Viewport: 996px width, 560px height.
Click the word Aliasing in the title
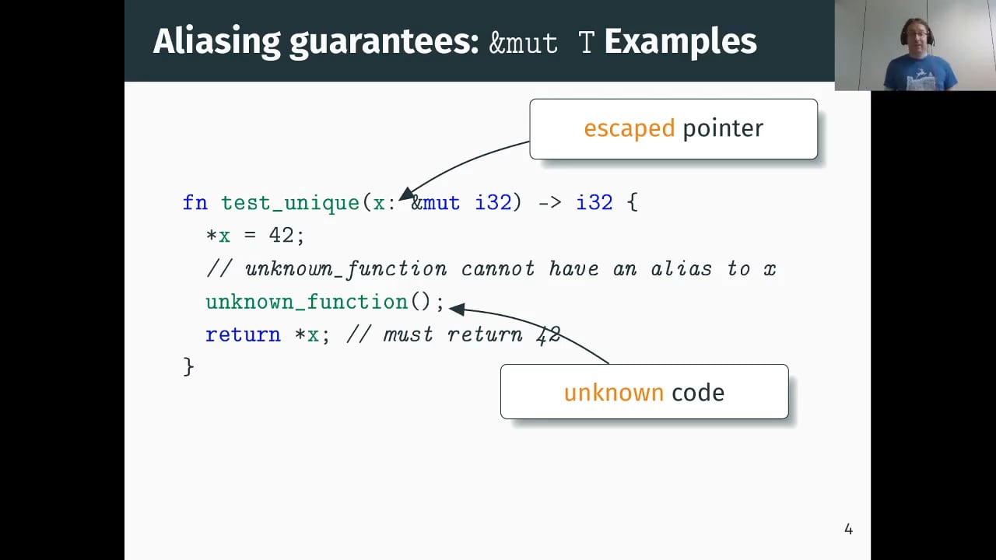click(x=216, y=42)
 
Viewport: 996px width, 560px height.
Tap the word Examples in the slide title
click(x=680, y=42)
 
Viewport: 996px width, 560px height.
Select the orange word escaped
click(x=629, y=128)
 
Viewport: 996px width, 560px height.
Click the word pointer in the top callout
click(x=723, y=128)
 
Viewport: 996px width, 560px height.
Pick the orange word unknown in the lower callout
click(x=613, y=393)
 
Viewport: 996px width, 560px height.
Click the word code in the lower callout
click(x=698, y=393)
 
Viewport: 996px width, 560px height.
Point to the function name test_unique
click(x=290, y=203)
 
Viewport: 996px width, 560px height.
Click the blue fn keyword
click(x=195, y=203)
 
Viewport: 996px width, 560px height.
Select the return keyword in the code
click(x=243, y=334)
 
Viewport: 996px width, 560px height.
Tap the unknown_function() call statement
click(x=324, y=302)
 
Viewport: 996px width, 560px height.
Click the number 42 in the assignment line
click(x=281, y=235)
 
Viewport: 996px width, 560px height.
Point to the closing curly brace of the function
click(x=188, y=366)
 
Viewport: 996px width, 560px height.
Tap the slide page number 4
click(x=848, y=530)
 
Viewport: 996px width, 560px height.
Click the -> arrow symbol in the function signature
click(x=549, y=203)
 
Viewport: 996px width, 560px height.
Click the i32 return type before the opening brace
click(x=594, y=203)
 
